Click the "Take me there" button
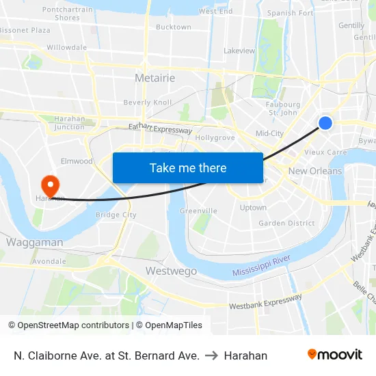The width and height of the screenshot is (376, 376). click(188, 167)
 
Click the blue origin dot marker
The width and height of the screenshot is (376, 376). click(325, 122)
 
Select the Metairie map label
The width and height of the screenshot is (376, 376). click(155, 78)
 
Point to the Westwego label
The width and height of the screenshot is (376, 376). click(171, 271)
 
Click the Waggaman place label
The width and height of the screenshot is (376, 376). click(34, 242)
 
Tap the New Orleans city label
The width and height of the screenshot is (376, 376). click(315, 171)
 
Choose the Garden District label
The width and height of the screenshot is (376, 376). click(286, 223)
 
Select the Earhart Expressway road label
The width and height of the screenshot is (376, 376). click(160, 129)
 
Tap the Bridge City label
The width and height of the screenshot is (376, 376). click(116, 215)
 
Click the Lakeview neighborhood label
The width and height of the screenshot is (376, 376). click(239, 51)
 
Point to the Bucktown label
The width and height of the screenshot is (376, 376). click(174, 27)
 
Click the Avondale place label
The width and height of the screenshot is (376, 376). click(49, 261)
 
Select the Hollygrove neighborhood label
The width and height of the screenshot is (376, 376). click(215, 137)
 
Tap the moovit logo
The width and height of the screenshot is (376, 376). click(335, 354)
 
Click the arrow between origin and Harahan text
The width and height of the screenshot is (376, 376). click(212, 355)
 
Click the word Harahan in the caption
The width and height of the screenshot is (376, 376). click(245, 355)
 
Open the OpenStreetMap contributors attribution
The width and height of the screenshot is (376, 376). click(73, 325)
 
